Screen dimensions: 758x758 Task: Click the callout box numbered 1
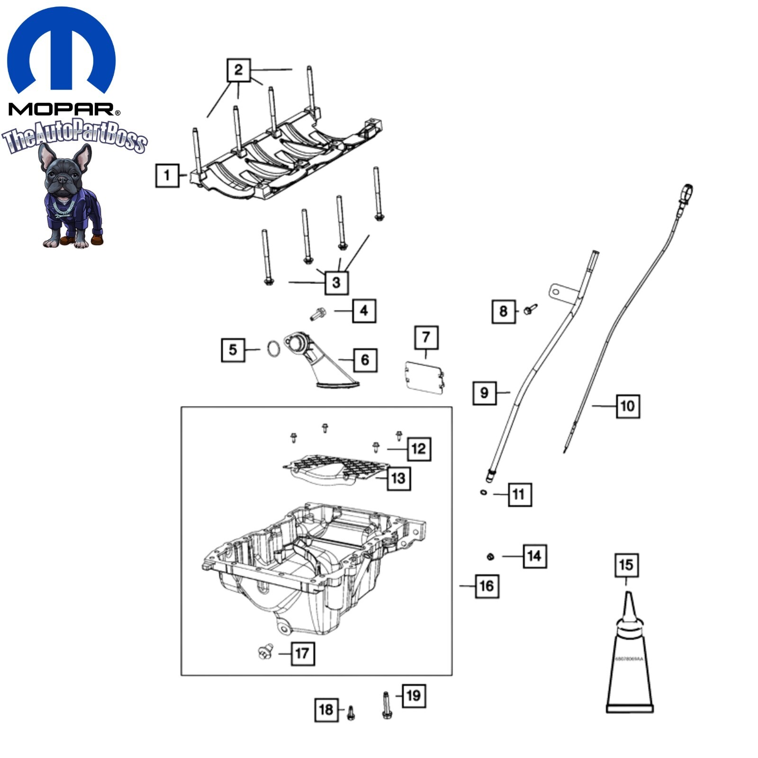[x=167, y=175]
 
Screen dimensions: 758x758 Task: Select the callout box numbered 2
[x=238, y=70]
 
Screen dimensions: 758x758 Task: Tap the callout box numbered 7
[x=426, y=337]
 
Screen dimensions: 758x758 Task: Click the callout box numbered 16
[x=487, y=586]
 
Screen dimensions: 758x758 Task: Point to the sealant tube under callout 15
[x=630, y=663]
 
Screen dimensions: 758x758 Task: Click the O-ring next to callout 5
[x=273, y=349]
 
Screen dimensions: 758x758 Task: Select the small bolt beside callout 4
[x=318, y=313]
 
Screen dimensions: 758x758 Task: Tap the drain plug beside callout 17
[x=266, y=652]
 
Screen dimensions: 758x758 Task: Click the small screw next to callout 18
[x=351, y=713]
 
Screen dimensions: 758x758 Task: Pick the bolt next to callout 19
[x=386, y=705]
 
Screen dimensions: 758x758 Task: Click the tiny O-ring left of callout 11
[x=483, y=493]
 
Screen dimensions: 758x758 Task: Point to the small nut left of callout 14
[x=490, y=556]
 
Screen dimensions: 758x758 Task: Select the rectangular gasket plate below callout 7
[x=425, y=378]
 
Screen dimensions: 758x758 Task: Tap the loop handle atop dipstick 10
[x=686, y=193]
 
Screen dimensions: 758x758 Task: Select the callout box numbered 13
[x=398, y=478]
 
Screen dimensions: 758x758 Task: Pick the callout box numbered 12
[x=419, y=448]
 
